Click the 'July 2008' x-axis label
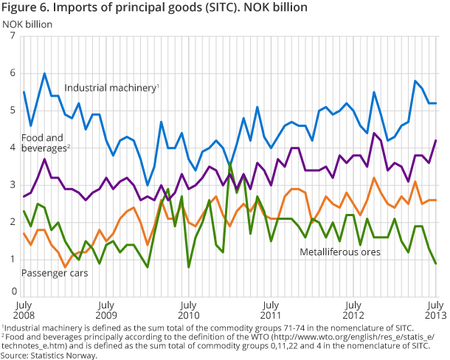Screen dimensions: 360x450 click(24, 308)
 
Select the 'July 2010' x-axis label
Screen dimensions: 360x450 click(190, 308)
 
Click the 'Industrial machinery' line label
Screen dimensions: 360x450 click(111, 88)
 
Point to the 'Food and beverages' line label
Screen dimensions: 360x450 click(35, 142)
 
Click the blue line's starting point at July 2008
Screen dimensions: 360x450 click(24, 92)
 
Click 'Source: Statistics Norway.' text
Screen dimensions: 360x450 click(49, 355)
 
